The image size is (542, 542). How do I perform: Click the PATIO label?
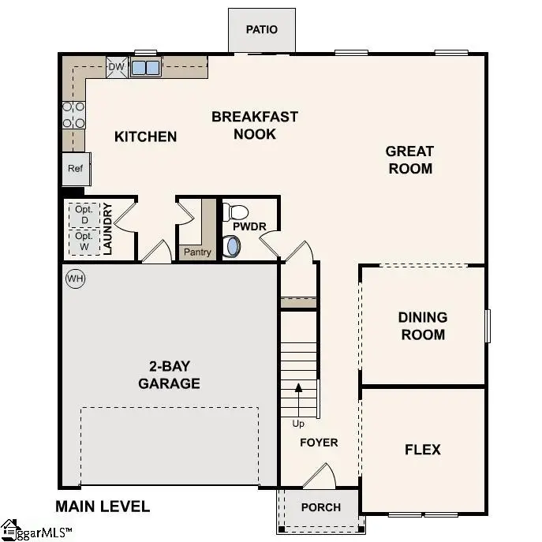(x=261, y=30)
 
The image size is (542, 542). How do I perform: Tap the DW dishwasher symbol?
(x=116, y=67)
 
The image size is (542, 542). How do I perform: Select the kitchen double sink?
(x=145, y=67)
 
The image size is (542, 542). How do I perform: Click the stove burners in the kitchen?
(x=74, y=114)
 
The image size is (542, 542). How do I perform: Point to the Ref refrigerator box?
(x=76, y=168)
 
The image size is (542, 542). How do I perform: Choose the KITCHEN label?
(x=146, y=136)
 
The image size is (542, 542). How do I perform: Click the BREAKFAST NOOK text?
(x=255, y=125)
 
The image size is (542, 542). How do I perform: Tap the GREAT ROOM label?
(x=409, y=159)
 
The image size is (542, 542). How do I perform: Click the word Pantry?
(x=197, y=252)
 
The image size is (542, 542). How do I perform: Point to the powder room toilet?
(x=236, y=212)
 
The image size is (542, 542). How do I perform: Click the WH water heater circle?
(x=75, y=278)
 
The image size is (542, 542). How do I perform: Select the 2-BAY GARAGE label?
(x=169, y=375)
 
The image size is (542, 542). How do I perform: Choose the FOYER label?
(x=319, y=443)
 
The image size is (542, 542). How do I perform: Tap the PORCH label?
(x=321, y=507)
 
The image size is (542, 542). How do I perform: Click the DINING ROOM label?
(x=422, y=326)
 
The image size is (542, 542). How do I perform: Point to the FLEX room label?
(x=423, y=450)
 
